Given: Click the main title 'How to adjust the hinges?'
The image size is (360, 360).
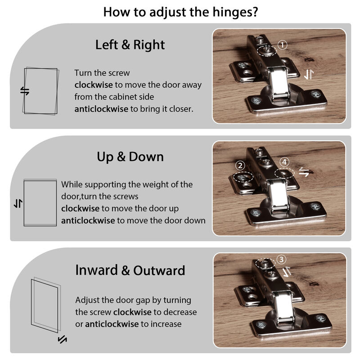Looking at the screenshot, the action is click(x=180, y=12).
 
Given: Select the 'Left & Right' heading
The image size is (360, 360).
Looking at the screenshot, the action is click(x=130, y=45).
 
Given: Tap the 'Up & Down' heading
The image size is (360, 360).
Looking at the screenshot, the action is click(x=130, y=157).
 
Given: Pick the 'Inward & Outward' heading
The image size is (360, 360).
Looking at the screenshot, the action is click(x=130, y=270).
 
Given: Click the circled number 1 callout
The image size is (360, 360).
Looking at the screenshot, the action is click(x=283, y=45).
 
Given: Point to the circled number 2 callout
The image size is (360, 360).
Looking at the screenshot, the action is click(x=240, y=166).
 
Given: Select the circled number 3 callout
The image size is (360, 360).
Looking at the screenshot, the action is click(x=281, y=260).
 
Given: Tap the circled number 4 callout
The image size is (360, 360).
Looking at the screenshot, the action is click(x=284, y=162).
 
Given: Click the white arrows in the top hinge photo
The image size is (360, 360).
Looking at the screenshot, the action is click(x=309, y=75).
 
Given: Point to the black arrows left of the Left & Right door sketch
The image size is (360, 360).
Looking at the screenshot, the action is click(x=25, y=91).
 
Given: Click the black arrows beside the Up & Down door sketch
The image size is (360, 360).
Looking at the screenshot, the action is click(x=18, y=203).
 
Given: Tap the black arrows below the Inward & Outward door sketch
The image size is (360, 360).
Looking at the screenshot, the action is click(x=62, y=339).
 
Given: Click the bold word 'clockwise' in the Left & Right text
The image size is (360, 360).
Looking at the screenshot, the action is click(x=94, y=85).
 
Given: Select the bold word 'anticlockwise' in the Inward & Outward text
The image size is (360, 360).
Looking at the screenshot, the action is click(x=112, y=324).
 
